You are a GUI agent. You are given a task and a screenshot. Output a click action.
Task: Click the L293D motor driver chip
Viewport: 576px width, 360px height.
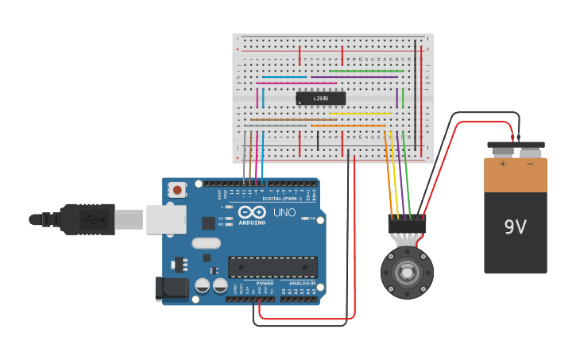pyautogui.click(x=321, y=99)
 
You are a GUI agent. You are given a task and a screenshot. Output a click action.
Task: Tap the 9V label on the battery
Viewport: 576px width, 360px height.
pyautogui.click(x=515, y=227)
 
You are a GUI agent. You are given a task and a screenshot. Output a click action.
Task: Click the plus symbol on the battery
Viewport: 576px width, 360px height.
pyautogui.click(x=502, y=165)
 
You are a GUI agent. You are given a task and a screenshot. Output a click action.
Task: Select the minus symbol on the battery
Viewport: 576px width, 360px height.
pyautogui.click(x=530, y=165)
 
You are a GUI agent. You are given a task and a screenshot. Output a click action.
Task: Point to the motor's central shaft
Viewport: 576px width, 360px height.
pyautogui.click(x=407, y=273)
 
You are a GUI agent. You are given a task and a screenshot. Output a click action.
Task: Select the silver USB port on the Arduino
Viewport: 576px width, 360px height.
pyautogui.click(x=166, y=219)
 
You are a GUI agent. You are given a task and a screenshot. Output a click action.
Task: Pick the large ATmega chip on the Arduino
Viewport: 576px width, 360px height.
pyautogui.click(x=273, y=268)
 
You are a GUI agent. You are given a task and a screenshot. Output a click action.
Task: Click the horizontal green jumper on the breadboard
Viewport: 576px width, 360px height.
pyautogui.click(x=366, y=71)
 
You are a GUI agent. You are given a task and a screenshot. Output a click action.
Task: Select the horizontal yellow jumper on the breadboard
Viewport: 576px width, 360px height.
pyautogui.click(x=359, y=113)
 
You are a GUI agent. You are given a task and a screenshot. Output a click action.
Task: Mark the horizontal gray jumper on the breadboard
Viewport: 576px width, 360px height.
pyautogui.click(x=275, y=126)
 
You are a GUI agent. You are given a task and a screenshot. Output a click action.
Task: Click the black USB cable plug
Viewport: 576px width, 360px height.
pyautogui.click(x=79, y=219)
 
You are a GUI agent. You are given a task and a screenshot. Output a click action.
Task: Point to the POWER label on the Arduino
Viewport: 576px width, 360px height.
pyautogui.click(x=265, y=283)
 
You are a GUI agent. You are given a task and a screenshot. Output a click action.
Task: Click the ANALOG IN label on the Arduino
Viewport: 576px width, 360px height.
pyautogui.click(x=302, y=283)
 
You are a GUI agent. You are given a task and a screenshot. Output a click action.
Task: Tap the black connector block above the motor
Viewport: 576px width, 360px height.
pyautogui.click(x=407, y=224)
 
